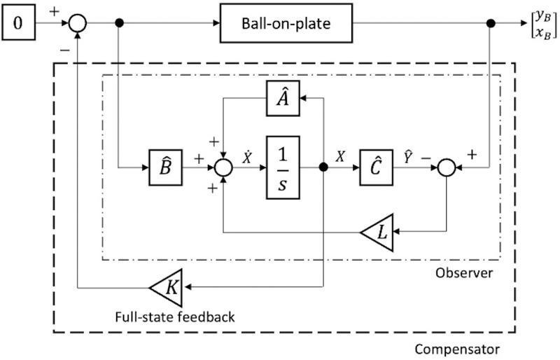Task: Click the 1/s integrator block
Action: [x=283, y=168]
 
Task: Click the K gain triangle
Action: [x=166, y=286]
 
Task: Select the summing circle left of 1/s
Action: [x=223, y=168]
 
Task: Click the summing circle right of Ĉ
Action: [x=446, y=168]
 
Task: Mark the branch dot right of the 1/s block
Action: [x=323, y=168]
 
